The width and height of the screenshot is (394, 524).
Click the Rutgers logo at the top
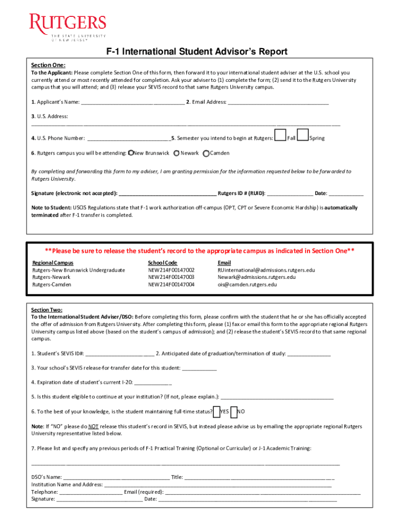(68, 28)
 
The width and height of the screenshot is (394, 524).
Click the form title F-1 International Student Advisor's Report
(196, 52)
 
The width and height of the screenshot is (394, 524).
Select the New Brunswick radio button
(131, 153)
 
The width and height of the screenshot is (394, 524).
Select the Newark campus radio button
(177, 153)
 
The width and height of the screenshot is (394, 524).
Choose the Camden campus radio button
(206, 153)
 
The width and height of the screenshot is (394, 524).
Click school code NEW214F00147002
(171, 270)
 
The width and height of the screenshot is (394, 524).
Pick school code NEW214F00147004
(171, 285)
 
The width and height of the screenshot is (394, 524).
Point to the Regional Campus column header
(49, 263)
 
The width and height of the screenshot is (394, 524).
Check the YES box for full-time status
(216, 411)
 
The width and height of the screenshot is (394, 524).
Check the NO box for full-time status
(234, 411)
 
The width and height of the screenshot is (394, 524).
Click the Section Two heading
(47, 310)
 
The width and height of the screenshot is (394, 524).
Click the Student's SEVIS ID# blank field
(120, 354)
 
